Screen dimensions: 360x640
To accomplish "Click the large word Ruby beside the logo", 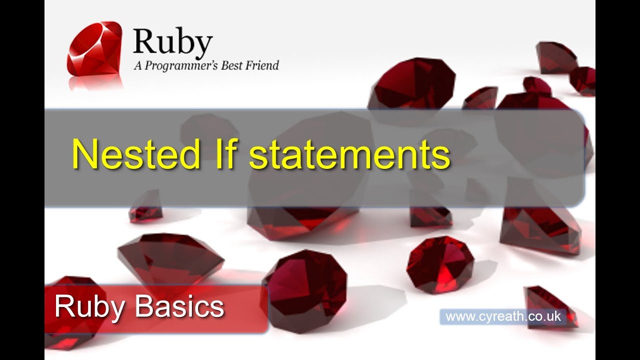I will coord(173,43).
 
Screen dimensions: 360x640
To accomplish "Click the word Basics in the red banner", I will coord(180,306).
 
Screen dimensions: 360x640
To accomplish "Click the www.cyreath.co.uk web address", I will coord(503,316).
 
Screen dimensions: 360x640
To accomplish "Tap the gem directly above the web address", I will coord(440,265).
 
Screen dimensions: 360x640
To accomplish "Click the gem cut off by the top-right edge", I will coord(583,80).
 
